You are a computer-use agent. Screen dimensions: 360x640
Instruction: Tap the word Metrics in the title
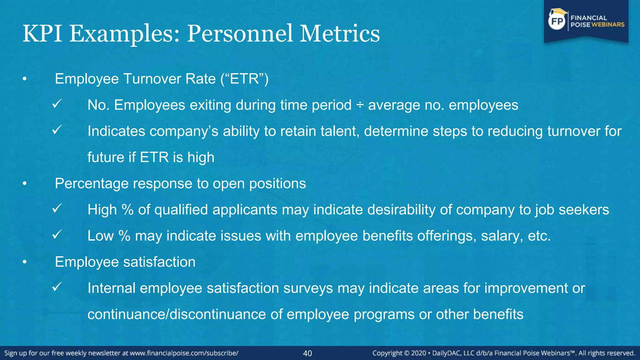[340, 34]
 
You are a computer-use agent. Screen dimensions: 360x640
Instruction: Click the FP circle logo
[557, 21]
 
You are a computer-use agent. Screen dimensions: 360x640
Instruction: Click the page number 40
[307, 353]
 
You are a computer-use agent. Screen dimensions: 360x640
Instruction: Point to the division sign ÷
[360, 105]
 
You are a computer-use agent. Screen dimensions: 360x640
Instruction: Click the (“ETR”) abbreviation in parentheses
[244, 79]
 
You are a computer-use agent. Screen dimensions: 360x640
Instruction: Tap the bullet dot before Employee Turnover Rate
[25, 79]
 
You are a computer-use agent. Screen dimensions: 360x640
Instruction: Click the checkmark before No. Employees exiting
[57, 103]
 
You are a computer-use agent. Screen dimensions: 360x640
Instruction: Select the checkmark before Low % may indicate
[57, 234]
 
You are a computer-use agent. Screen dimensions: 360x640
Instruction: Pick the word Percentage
[92, 183]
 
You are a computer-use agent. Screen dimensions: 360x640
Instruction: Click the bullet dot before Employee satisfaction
[25, 262]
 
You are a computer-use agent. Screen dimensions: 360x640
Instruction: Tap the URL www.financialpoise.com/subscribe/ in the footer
[184, 353]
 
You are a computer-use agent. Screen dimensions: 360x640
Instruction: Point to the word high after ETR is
[201, 157]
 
